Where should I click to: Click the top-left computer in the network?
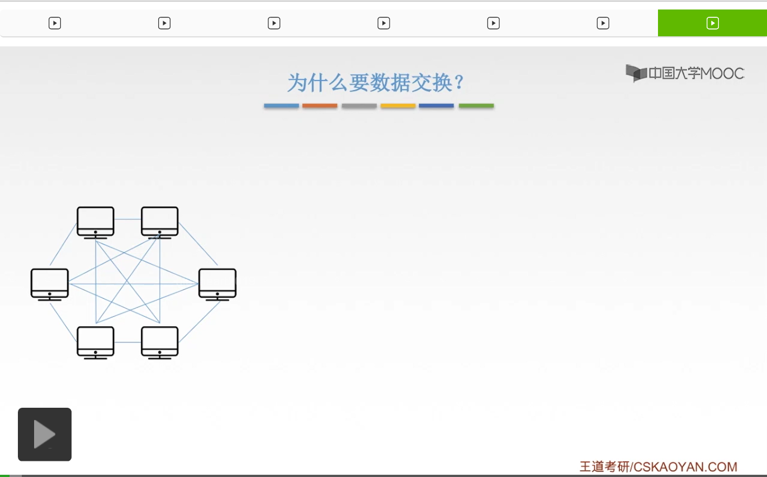coord(96,222)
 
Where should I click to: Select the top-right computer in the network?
coord(160,222)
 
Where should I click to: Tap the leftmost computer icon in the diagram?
coord(50,284)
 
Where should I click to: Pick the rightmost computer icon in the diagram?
coord(217,284)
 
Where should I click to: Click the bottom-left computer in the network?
coord(96,341)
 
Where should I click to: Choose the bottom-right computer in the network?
coord(160,341)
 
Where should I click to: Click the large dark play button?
coord(45,435)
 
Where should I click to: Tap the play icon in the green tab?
coord(712,23)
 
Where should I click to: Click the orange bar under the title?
coord(320,106)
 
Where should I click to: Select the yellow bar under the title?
coord(398,106)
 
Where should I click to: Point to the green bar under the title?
coord(476,106)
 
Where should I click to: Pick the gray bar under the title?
coord(359,106)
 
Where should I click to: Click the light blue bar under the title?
coord(281,106)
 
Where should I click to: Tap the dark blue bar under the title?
coord(436,106)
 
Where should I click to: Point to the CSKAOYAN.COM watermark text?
coord(685,467)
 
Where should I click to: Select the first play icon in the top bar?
coord(55,23)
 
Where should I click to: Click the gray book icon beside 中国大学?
coord(636,73)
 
